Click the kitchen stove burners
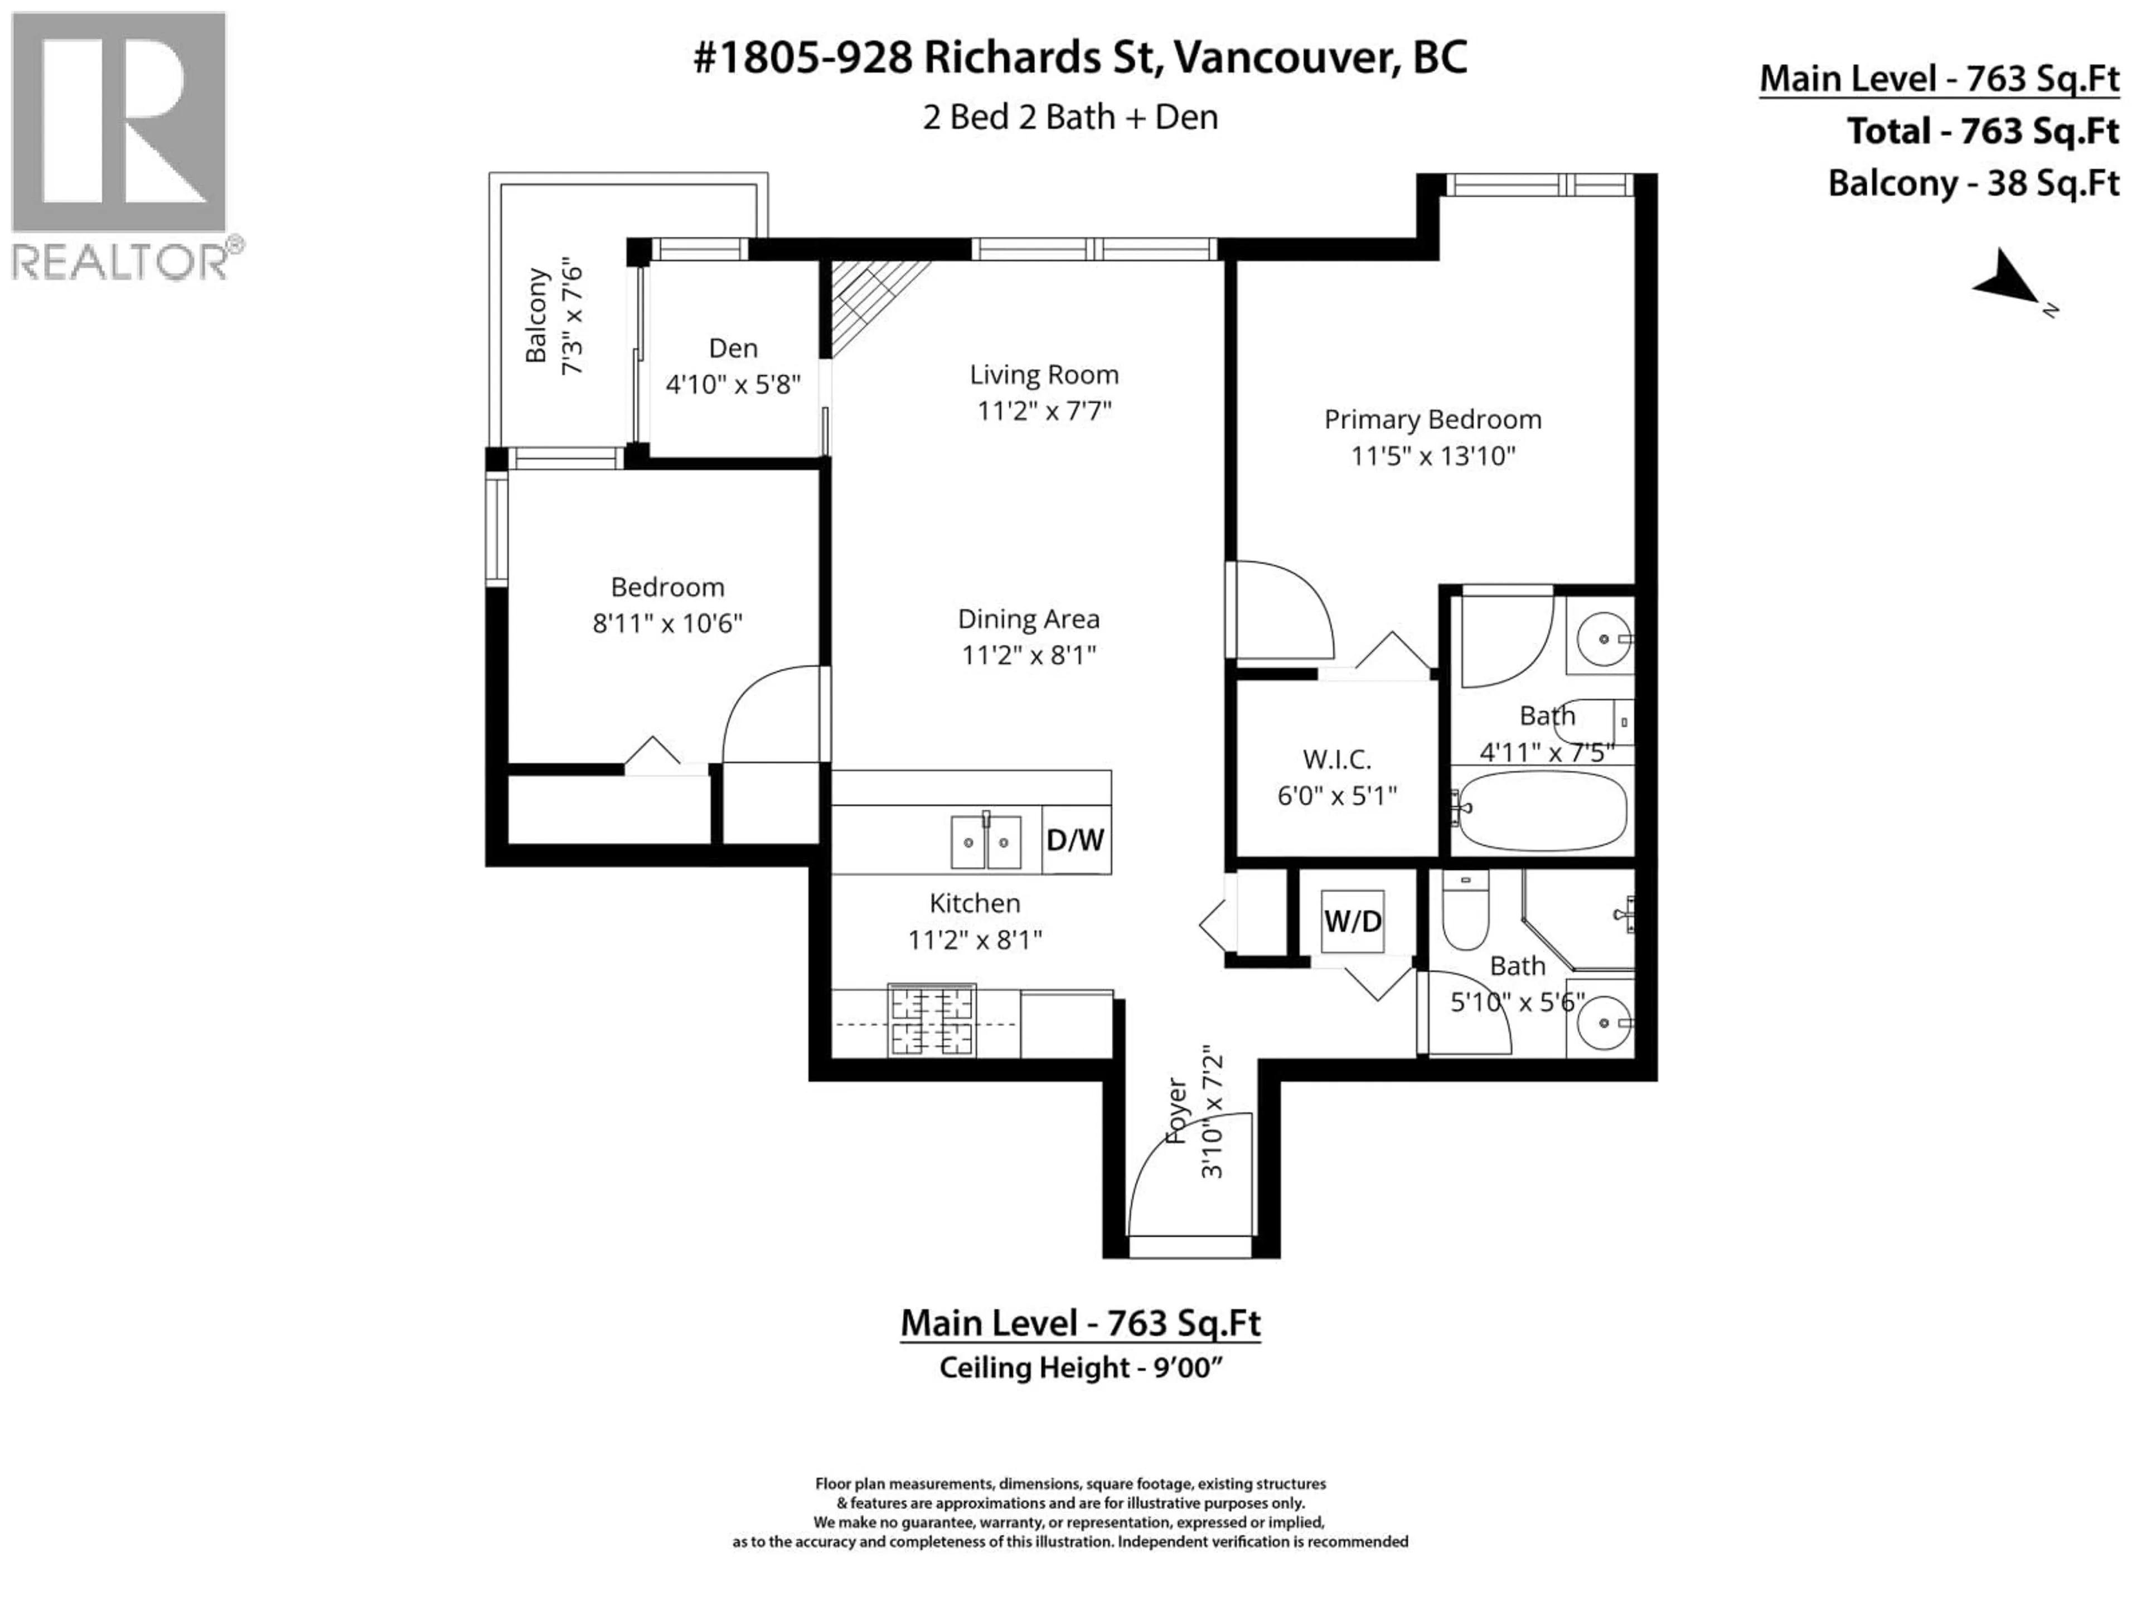(x=931, y=1020)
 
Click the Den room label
(x=733, y=349)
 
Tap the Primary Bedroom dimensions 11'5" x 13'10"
(x=1432, y=456)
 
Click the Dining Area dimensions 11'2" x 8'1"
(x=1028, y=655)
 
